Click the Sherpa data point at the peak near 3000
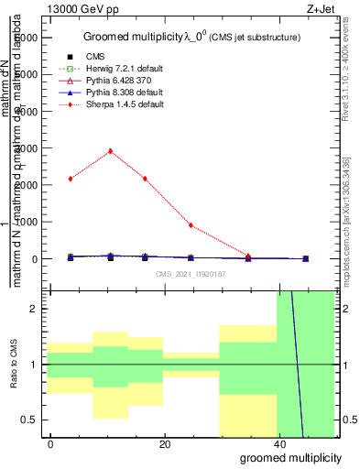click(x=111, y=151)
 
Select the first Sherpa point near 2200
click(x=70, y=179)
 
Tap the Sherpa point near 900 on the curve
click(x=191, y=225)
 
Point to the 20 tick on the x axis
click(x=164, y=444)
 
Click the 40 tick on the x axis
click(x=278, y=444)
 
